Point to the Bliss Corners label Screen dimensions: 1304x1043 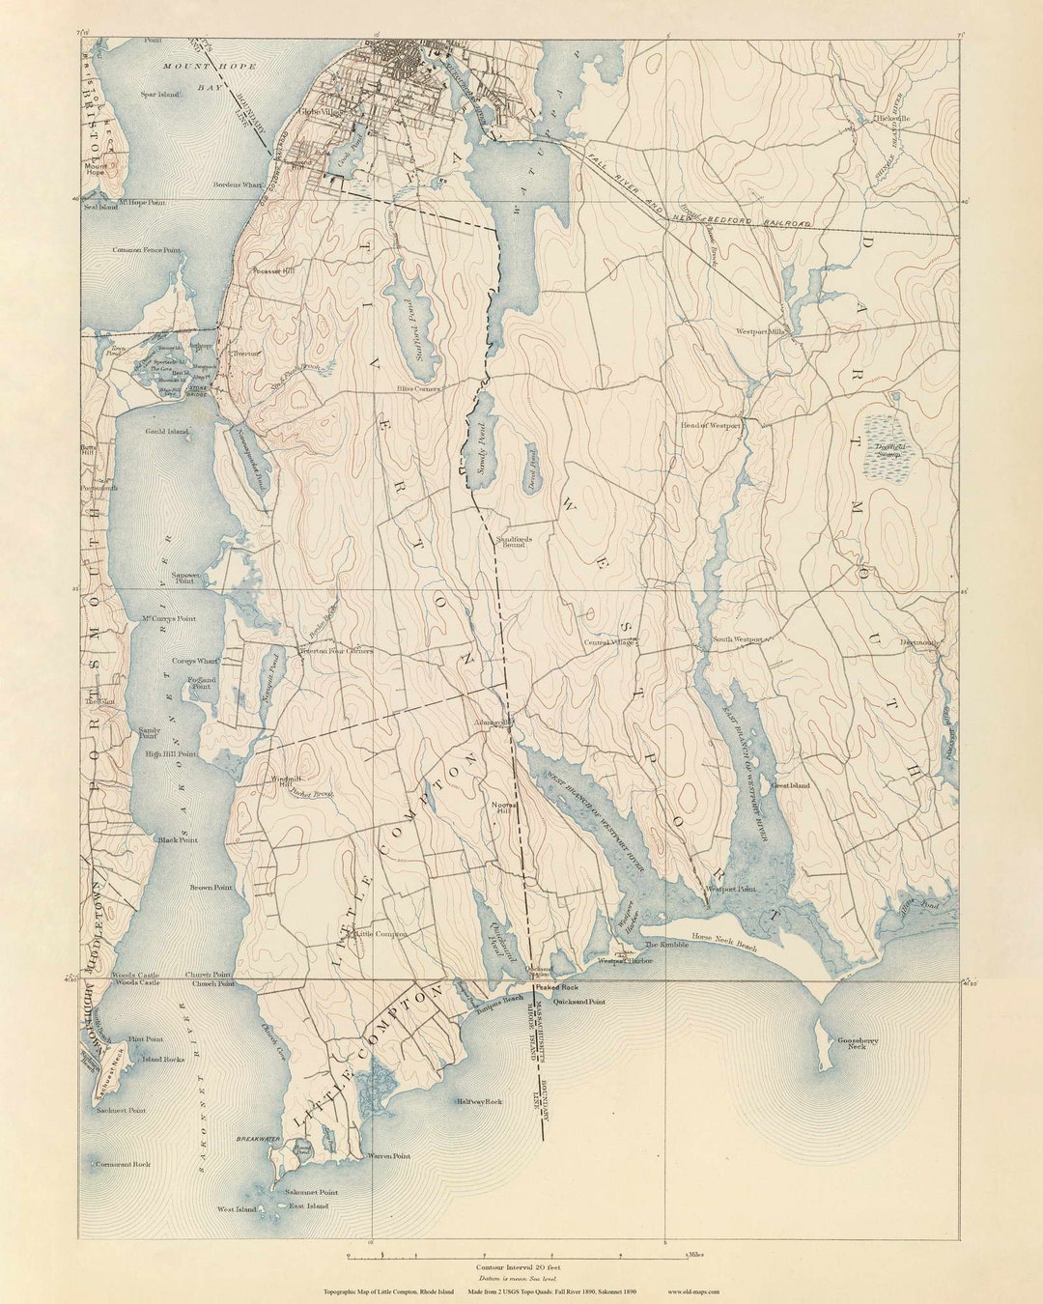419,389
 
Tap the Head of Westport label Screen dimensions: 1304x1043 711,425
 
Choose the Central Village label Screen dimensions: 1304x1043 608,642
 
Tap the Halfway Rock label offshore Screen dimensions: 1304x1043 480,1101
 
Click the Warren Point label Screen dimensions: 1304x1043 388,1156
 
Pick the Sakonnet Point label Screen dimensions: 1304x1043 311,1193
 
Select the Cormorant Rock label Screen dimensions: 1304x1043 123,1165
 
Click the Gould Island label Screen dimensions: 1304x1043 167,432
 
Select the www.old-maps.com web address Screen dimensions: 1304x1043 693,1290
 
